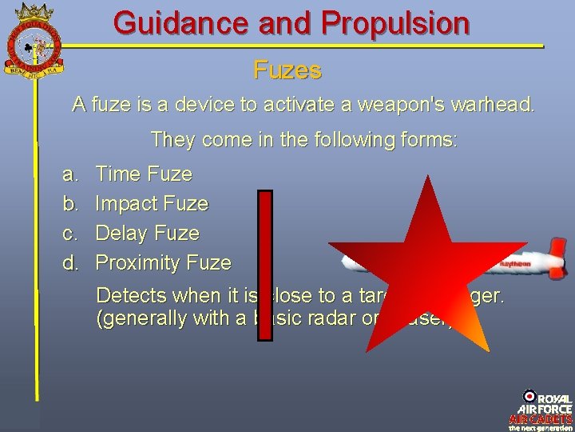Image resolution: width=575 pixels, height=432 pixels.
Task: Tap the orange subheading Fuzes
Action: tap(287, 70)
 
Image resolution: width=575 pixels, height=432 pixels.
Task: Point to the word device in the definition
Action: tap(197, 104)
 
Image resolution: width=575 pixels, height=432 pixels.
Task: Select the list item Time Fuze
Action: tap(144, 174)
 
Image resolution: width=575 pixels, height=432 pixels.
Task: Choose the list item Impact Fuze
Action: tap(152, 204)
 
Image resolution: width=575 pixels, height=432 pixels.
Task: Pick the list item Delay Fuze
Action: tap(148, 234)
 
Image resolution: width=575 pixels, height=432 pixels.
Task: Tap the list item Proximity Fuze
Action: tap(164, 262)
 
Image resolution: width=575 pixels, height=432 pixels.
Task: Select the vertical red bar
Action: tap(265, 264)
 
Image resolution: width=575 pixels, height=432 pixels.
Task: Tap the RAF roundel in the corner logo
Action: tap(529, 396)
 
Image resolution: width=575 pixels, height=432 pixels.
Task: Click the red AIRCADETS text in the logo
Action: tap(541, 418)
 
